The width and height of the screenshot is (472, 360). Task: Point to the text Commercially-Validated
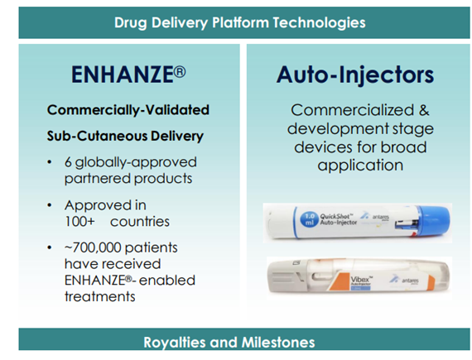128,109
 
